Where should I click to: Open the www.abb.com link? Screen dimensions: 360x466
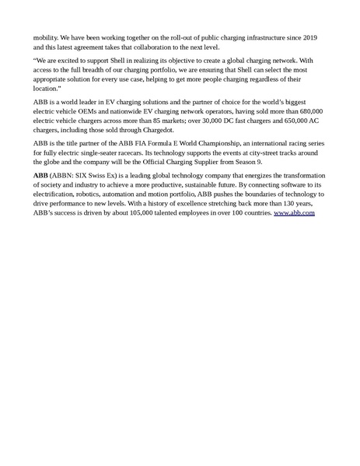coord(294,212)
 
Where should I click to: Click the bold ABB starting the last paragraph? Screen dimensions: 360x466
coord(40,177)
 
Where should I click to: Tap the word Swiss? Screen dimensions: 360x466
coord(110,177)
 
